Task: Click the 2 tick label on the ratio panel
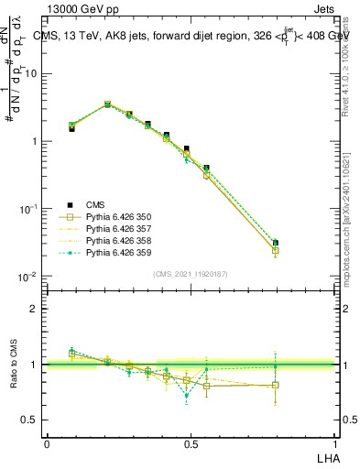[34, 309]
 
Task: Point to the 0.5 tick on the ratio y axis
[30, 420]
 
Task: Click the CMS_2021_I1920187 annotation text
[191, 274]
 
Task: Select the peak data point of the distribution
[107, 104]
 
